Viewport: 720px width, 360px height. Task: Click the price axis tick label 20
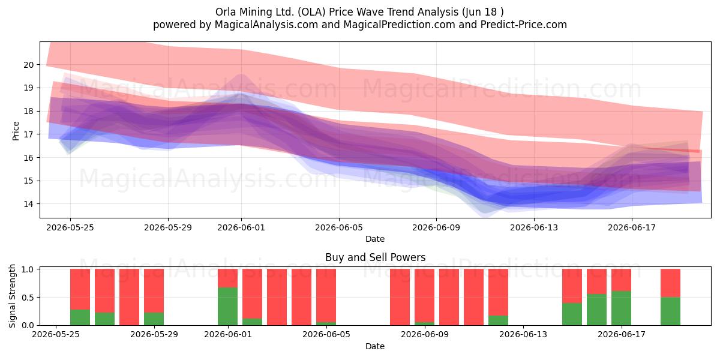click(x=28, y=65)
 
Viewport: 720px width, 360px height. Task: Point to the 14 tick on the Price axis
click(x=28, y=204)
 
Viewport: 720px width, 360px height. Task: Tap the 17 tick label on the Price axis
click(x=28, y=134)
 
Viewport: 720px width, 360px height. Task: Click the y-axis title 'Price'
click(x=16, y=131)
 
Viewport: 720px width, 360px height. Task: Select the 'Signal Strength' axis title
click(x=12, y=296)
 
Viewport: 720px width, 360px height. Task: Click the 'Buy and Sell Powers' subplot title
click(x=375, y=257)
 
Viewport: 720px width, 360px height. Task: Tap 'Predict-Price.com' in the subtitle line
click(x=524, y=25)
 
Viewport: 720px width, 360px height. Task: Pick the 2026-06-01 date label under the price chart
click(x=241, y=228)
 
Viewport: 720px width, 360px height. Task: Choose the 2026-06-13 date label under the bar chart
click(x=523, y=335)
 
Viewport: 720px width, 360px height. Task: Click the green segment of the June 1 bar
click(x=228, y=307)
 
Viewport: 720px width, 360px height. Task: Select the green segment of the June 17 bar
click(x=622, y=308)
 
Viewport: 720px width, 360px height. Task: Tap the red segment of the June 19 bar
click(x=671, y=283)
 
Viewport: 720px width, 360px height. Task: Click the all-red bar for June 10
click(x=449, y=297)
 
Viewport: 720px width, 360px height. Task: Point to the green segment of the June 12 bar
click(x=498, y=320)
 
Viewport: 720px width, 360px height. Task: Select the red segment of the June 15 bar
click(x=572, y=286)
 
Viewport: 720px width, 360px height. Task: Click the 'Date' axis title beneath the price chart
click(x=375, y=239)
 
